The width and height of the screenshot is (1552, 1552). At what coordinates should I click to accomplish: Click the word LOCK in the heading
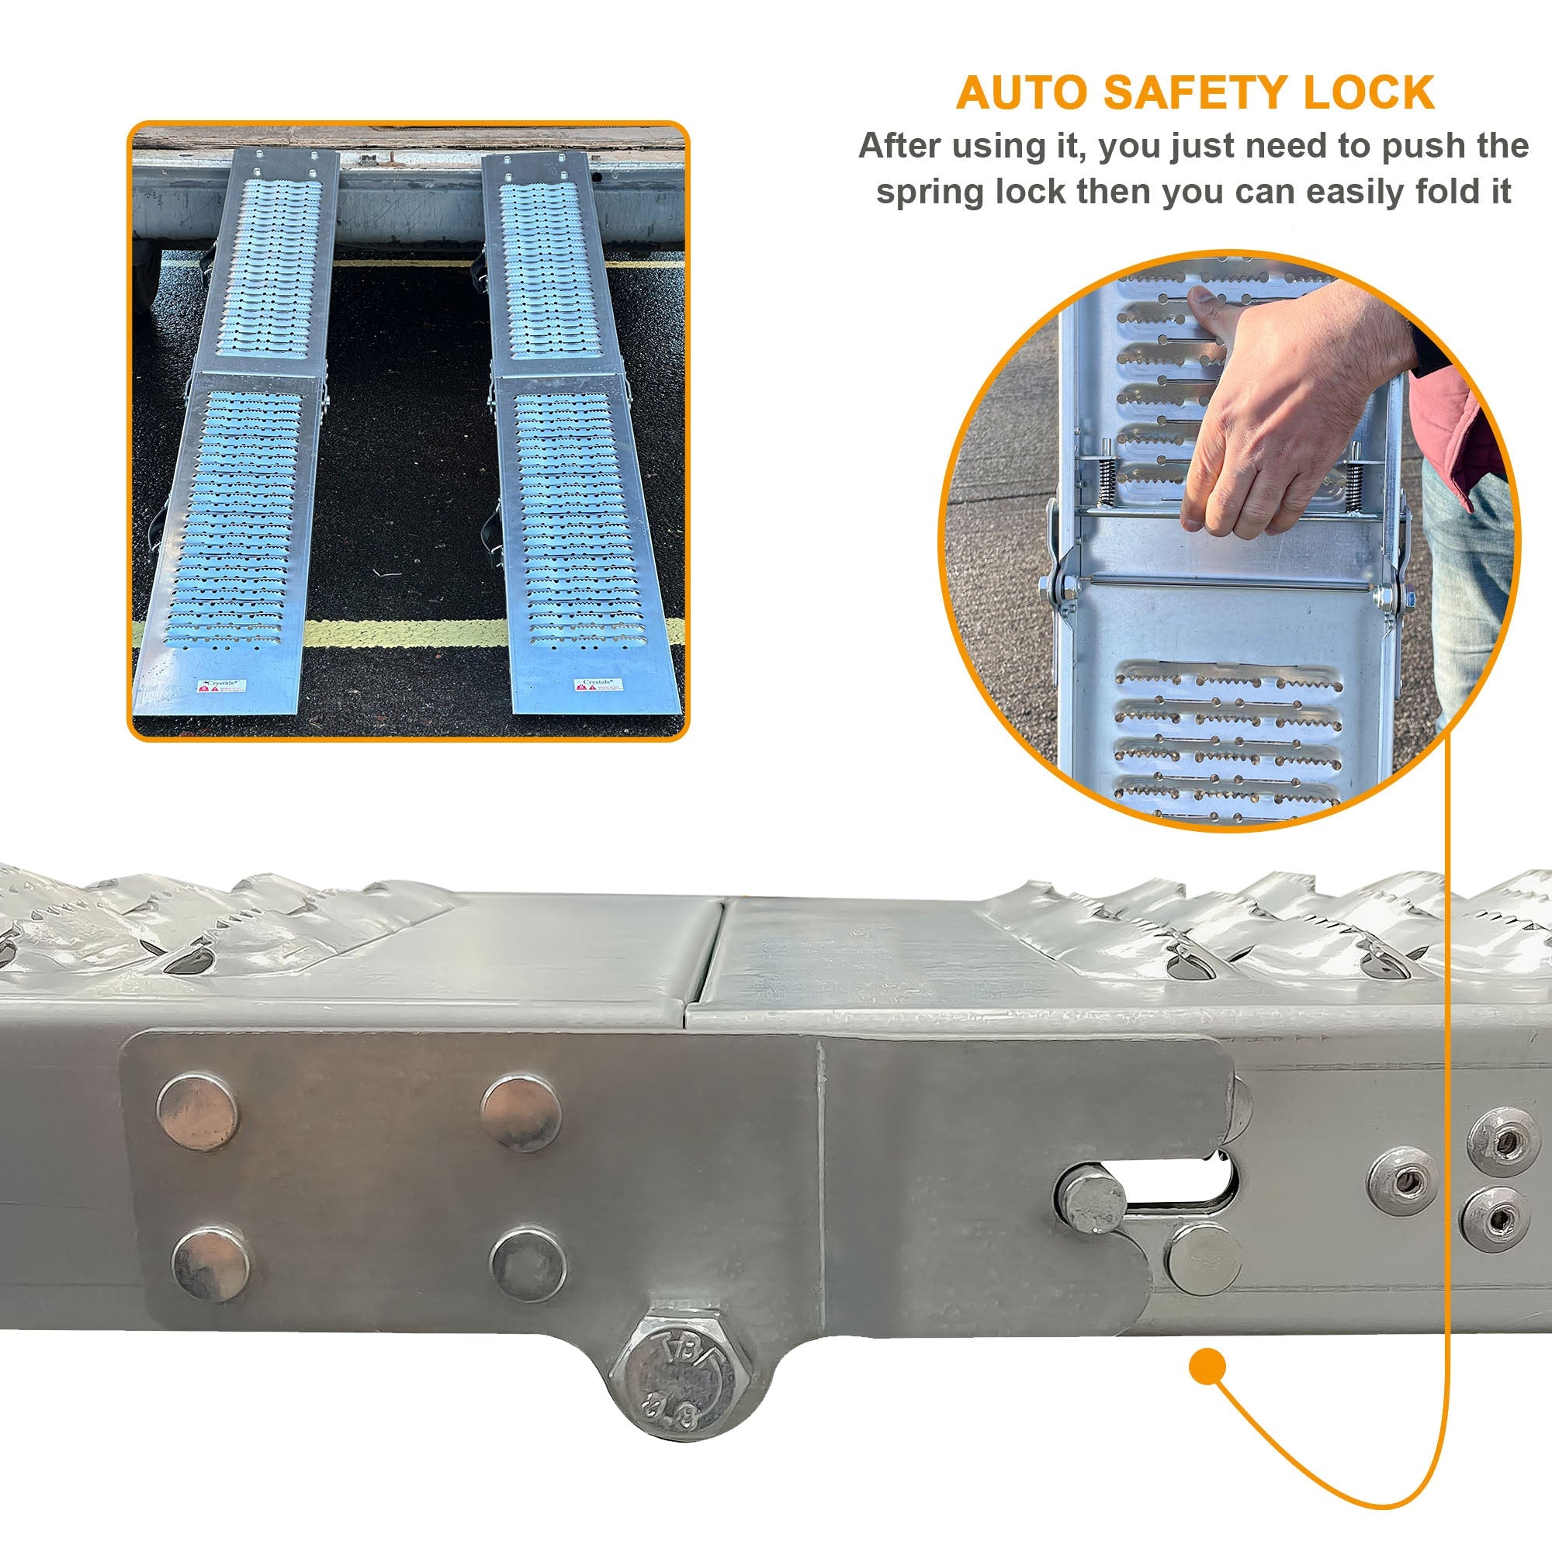pos(1368,93)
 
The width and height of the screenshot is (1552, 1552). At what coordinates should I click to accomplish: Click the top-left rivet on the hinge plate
pos(198,1112)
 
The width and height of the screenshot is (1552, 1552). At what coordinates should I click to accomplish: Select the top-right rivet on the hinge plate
pos(521,1114)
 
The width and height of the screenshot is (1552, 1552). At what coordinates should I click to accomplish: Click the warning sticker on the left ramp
pos(223,687)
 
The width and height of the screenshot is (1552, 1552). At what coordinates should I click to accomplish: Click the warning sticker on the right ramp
pos(598,685)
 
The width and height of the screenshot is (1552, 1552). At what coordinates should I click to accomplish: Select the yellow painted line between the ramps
pos(406,633)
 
